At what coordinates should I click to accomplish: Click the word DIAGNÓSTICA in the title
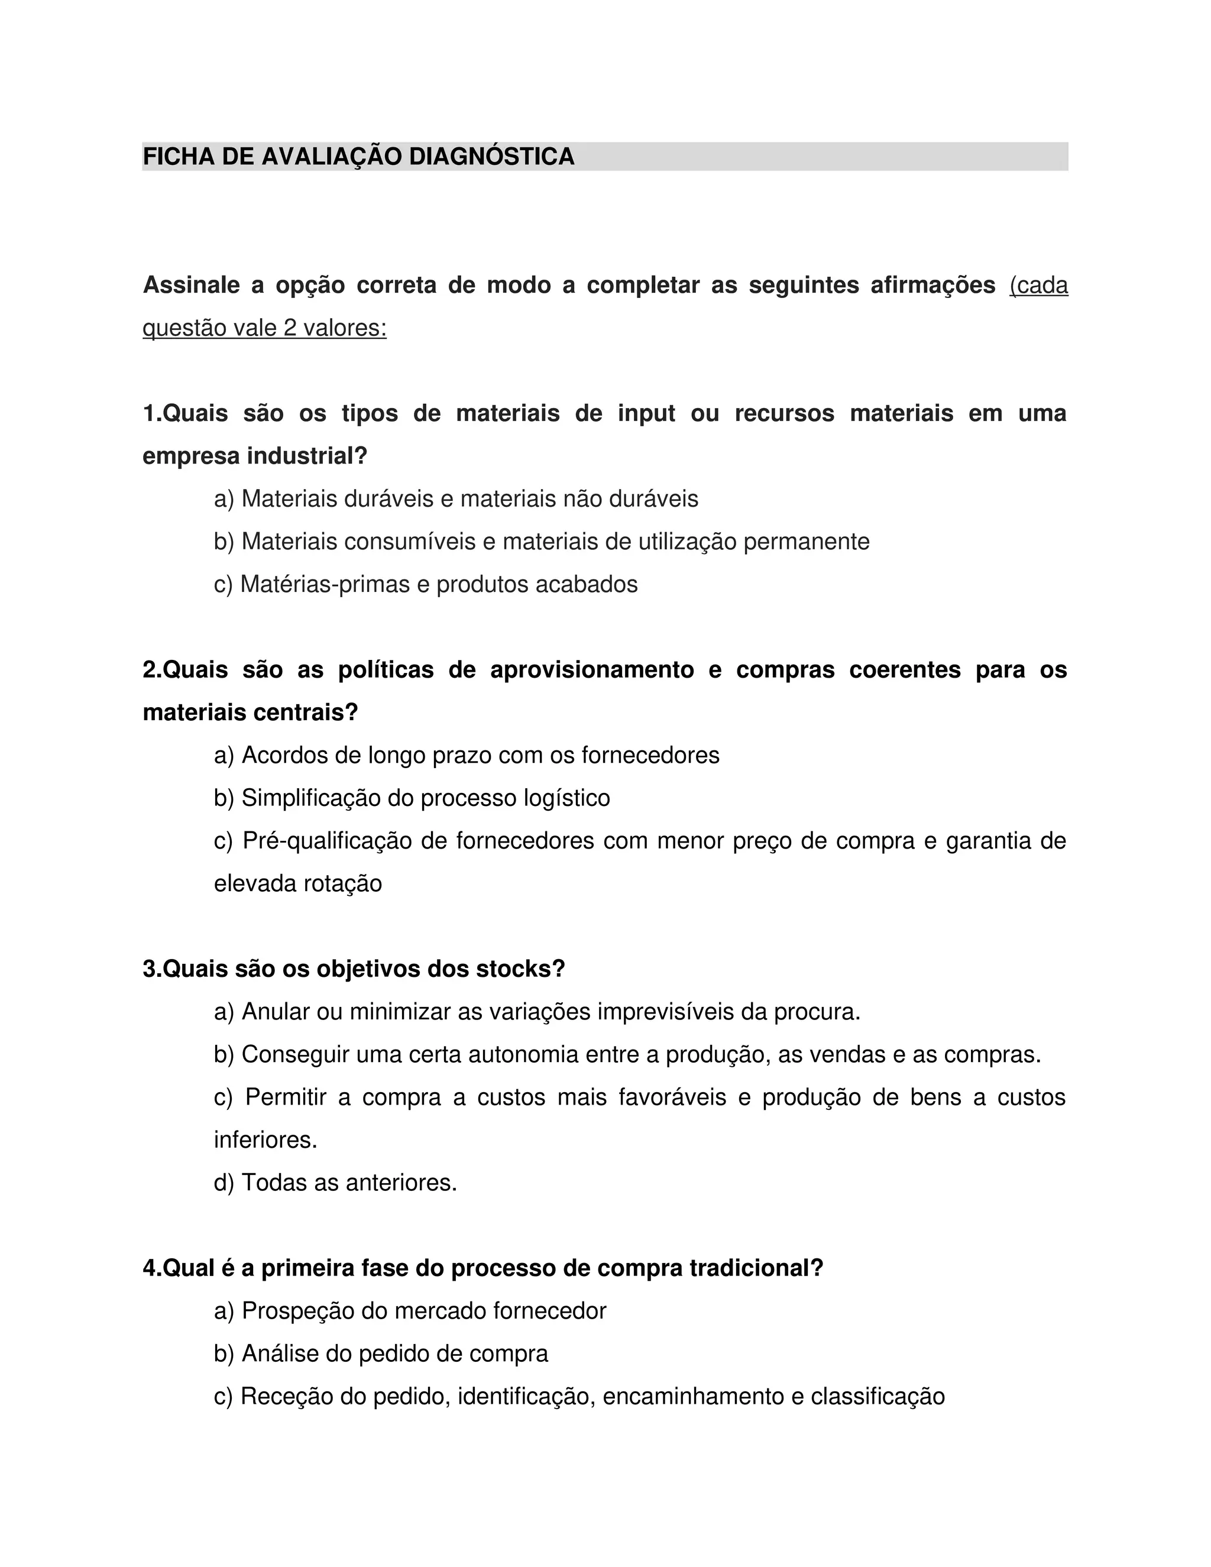pyautogui.click(x=491, y=157)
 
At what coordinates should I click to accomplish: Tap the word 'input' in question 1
pyautogui.click(x=646, y=413)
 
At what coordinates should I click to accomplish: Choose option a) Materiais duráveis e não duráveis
pyautogui.click(x=455, y=498)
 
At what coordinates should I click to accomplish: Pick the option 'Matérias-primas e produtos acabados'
pyautogui.click(x=425, y=584)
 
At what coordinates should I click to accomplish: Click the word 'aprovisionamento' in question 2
pyautogui.click(x=592, y=669)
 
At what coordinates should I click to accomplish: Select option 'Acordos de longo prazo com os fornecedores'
pyautogui.click(x=467, y=755)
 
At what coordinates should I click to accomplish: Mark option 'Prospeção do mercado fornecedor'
pyautogui.click(x=410, y=1311)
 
